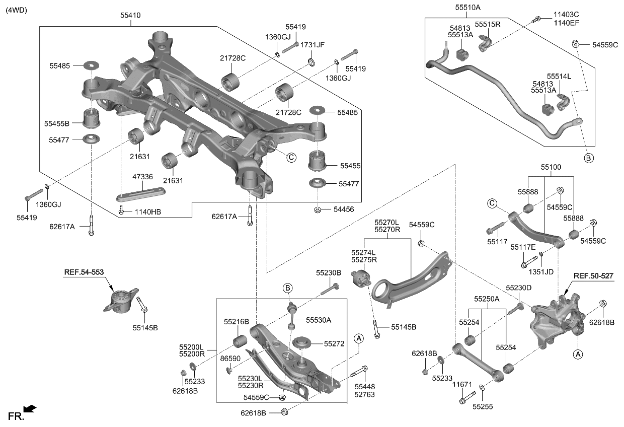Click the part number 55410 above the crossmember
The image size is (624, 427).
(x=130, y=16)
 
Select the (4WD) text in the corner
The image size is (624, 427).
(x=16, y=10)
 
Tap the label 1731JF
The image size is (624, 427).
(x=313, y=45)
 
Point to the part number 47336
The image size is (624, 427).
(x=142, y=177)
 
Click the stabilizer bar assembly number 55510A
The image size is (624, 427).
(x=467, y=8)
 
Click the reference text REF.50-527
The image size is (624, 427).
(x=593, y=276)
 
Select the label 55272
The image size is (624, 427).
(x=334, y=344)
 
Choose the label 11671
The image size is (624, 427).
(x=462, y=385)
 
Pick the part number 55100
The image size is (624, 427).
(x=551, y=167)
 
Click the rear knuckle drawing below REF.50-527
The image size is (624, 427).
(x=556, y=322)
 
